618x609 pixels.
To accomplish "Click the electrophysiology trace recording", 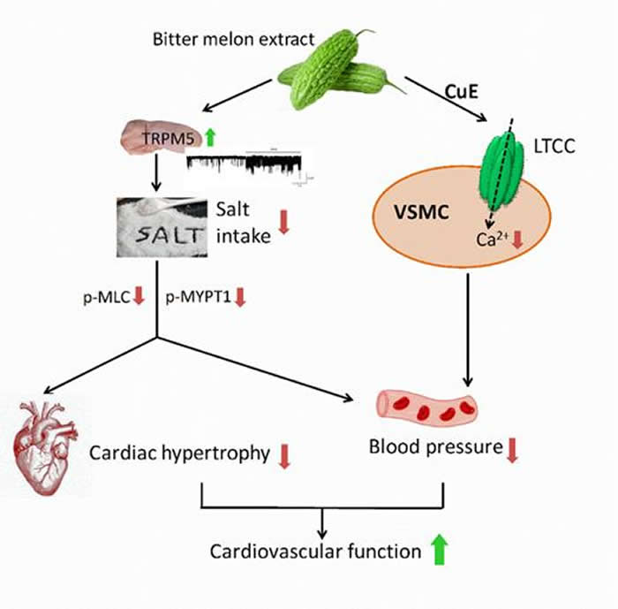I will click(x=248, y=166).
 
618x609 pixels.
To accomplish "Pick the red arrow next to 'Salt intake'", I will click(x=283, y=221).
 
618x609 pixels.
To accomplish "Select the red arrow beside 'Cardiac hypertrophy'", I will click(x=284, y=455).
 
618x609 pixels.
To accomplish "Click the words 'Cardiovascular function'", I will click(x=315, y=552).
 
